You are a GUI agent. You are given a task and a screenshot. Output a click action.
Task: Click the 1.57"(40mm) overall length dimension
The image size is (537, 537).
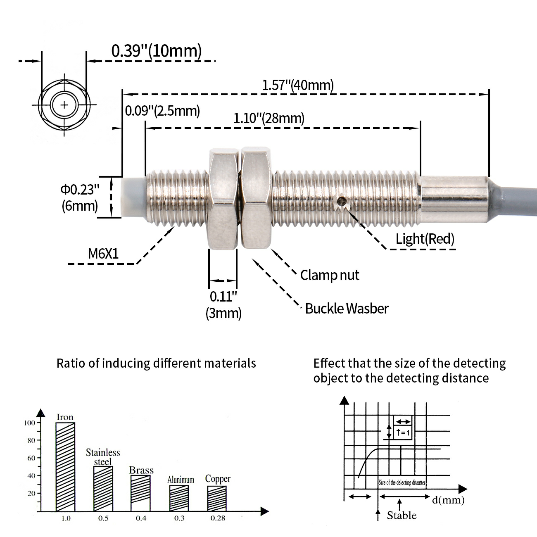298,85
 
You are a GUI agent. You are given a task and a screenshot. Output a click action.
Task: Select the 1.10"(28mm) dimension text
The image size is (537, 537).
269,118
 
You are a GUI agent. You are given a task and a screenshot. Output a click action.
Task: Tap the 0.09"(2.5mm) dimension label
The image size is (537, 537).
162,111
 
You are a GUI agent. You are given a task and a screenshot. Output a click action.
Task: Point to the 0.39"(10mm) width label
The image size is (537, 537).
157,50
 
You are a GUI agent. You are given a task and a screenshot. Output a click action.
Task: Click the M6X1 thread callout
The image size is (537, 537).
103,254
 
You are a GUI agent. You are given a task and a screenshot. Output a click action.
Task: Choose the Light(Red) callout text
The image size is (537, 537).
425,239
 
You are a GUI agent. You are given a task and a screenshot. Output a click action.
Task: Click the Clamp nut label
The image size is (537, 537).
330,275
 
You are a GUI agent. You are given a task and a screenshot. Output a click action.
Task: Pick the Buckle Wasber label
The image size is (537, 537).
347,309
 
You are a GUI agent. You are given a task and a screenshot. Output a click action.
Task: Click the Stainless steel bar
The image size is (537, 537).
103,489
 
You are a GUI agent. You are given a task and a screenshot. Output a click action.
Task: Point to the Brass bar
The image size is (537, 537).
141,493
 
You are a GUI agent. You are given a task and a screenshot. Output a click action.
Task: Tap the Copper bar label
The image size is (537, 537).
218,479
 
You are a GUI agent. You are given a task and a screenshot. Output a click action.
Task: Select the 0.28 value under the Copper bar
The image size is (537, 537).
217,518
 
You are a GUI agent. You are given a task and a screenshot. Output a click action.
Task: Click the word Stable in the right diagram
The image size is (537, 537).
402,515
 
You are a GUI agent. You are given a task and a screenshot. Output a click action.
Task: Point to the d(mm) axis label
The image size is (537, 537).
448,500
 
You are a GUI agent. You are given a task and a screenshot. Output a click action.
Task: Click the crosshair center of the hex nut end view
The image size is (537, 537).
64,105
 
